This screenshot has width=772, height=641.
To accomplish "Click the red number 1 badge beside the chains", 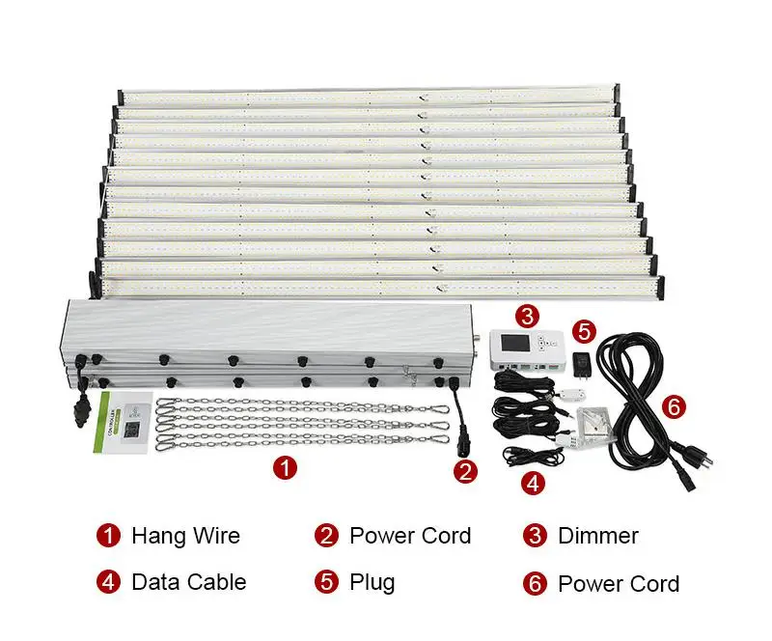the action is point(284,468).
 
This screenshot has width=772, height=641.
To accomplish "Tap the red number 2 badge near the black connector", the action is point(466,471).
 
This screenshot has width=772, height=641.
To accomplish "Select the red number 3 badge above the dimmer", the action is point(526,315).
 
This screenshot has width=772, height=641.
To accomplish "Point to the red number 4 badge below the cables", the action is point(532,482).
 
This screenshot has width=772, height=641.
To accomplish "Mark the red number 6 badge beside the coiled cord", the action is point(675,407).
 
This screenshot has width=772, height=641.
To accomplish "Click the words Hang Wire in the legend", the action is point(185,536).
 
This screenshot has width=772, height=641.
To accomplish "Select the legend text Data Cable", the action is point(188,582).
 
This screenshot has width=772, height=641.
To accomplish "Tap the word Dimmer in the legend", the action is point(598,536).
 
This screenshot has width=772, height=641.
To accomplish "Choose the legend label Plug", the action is point(372,582).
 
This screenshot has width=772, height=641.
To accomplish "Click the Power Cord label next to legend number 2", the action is point(410,536).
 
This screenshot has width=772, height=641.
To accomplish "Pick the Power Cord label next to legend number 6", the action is point(619,583).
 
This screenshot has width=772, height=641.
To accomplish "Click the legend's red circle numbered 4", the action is point(107,582).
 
